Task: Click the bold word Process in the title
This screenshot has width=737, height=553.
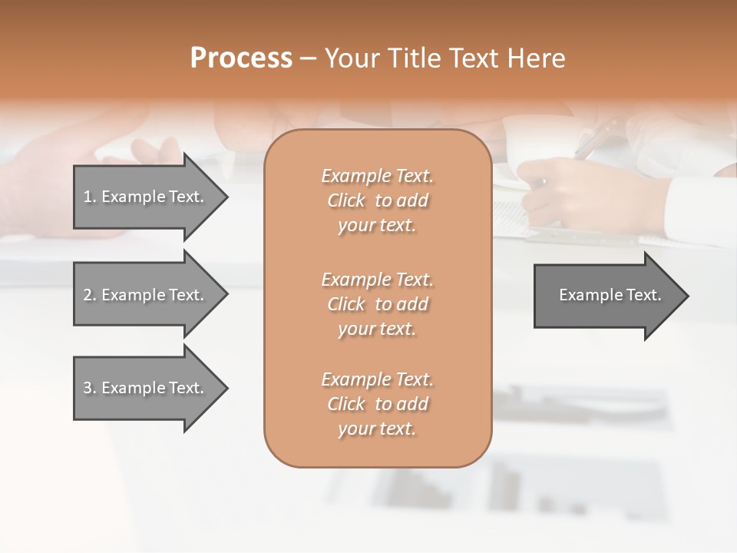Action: [241, 58]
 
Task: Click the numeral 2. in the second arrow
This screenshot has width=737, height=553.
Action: [90, 295]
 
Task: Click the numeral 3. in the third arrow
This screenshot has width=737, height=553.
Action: [90, 388]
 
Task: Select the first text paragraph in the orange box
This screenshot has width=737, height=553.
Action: [377, 200]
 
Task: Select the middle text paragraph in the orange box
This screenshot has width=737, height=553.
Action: [377, 304]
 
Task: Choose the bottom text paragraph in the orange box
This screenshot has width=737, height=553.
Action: [377, 404]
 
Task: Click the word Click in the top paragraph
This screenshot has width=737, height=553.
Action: [346, 200]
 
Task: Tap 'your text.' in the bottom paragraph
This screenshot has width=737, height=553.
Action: [377, 429]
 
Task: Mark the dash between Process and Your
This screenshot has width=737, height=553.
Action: [309, 58]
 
